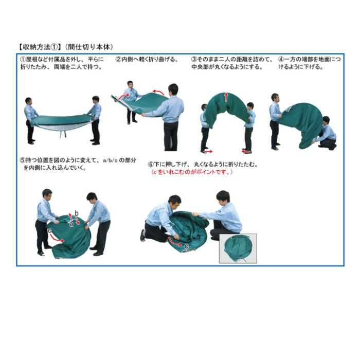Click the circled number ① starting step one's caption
tap(23, 60)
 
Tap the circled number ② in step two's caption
tap(118, 60)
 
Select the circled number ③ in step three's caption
tap(194, 60)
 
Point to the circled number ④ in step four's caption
tap(281, 60)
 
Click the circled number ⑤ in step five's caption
tap(23, 160)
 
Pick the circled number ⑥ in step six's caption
tap(150, 165)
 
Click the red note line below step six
tap(192, 172)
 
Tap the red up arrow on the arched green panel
tap(227, 97)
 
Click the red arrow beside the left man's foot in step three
tap(208, 152)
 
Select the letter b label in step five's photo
tap(77, 213)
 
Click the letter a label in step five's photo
tap(71, 224)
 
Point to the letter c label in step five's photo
tap(49, 230)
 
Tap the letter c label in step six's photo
tap(186, 246)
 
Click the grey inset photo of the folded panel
tap(238, 248)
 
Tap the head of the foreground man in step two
tap(173, 89)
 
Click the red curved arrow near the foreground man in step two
tap(159, 92)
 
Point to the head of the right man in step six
tap(223, 196)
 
